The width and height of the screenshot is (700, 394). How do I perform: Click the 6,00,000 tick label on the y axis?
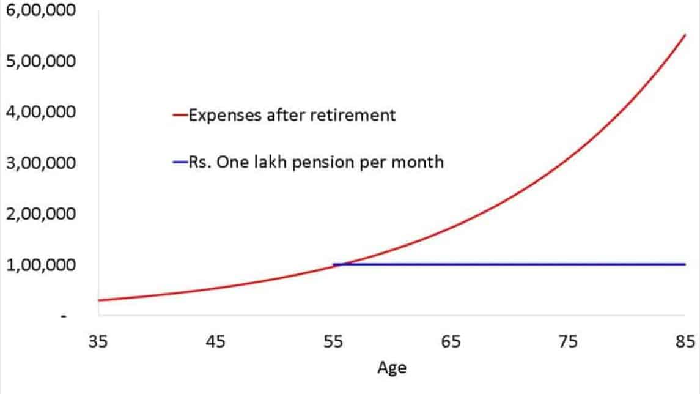click(x=40, y=10)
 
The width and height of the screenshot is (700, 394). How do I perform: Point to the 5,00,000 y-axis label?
click(x=40, y=61)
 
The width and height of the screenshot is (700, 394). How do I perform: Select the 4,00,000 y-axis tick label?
click(x=40, y=112)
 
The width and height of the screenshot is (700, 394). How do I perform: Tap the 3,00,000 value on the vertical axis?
click(x=40, y=163)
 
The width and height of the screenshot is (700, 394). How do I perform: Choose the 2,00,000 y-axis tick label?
click(x=40, y=214)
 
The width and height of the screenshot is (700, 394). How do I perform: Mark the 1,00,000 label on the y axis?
click(x=40, y=265)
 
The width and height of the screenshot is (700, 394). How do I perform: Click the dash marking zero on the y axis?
click(x=64, y=316)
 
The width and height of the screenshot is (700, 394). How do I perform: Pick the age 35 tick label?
click(x=98, y=342)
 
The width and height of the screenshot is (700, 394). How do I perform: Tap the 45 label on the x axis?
click(x=216, y=342)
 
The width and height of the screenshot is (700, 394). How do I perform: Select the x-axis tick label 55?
click(x=333, y=342)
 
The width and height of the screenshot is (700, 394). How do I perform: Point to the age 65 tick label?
click(x=451, y=342)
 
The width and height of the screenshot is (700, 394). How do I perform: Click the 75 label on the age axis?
click(x=568, y=342)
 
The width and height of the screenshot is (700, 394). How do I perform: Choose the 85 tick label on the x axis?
click(x=685, y=342)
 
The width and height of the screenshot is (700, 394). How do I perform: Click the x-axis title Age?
click(x=392, y=368)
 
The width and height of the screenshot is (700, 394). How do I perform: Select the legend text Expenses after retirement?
click(x=292, y=115)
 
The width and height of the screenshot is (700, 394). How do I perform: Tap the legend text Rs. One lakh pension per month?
click(x=316, y=162)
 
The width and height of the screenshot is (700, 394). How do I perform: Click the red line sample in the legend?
click(x=180, y=115)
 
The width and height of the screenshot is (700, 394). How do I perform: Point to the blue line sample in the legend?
click(x=180, y=162)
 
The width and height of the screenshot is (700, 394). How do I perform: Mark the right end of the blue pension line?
click(x=685, y=264)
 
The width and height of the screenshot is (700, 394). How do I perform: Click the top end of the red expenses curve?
click(x=685, y=34)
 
